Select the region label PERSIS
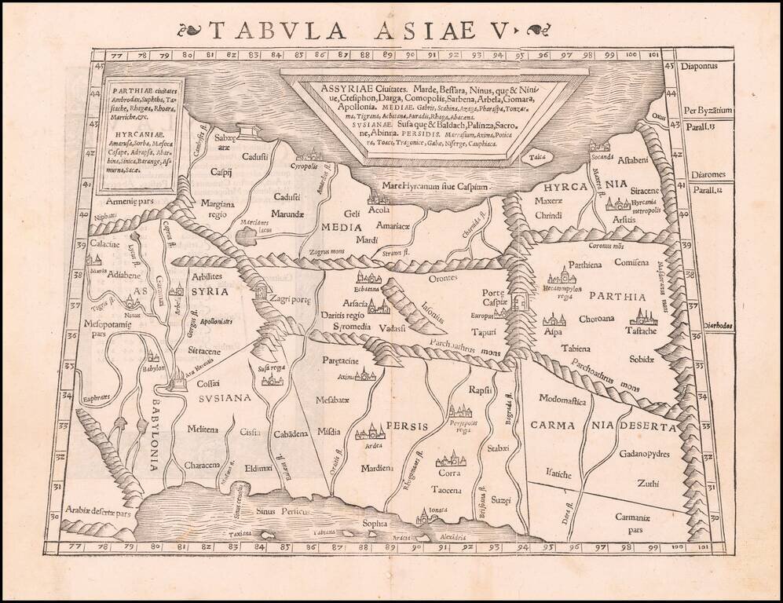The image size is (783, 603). (x=406, y=426)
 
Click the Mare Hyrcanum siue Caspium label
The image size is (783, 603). (x=430, y=186)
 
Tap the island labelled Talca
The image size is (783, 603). (x=537, y=156)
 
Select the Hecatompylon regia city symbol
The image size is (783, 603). (x=562, y=276)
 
